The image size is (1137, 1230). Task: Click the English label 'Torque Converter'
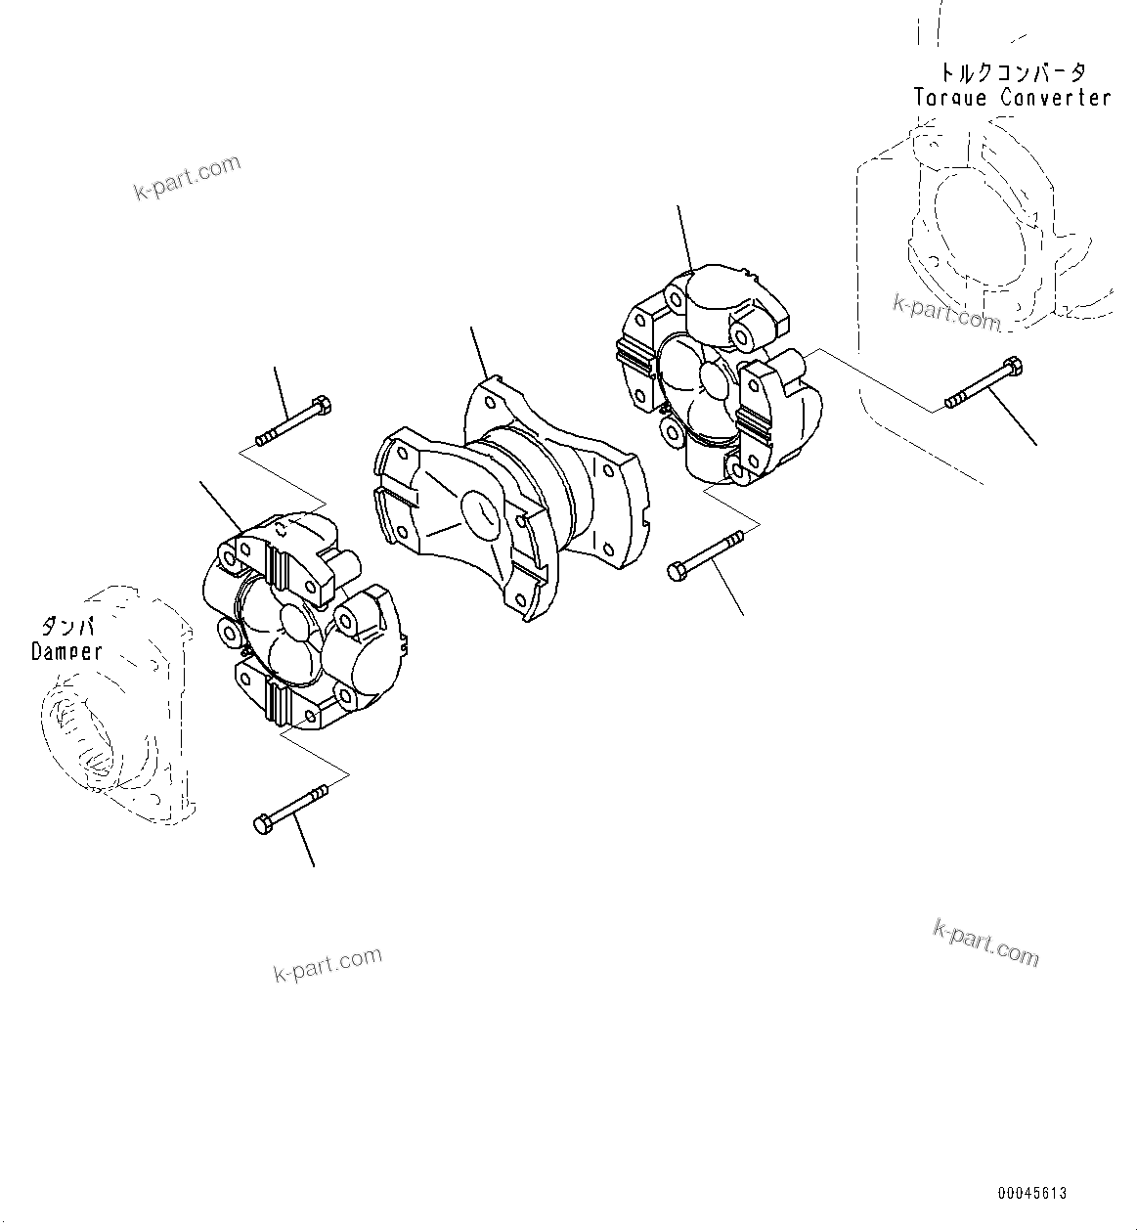coord(1012,98)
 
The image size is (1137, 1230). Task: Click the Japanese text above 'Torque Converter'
coord(1012,72)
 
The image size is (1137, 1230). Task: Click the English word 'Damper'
coord(66,651)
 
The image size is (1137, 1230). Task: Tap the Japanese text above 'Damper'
coord(66,626)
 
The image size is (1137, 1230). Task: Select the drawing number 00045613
coord(1032,1194)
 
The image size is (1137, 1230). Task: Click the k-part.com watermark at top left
coord(187,177)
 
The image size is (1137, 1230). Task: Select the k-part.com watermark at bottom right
coord(985,942)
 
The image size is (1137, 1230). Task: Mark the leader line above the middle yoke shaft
coord(479,352)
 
